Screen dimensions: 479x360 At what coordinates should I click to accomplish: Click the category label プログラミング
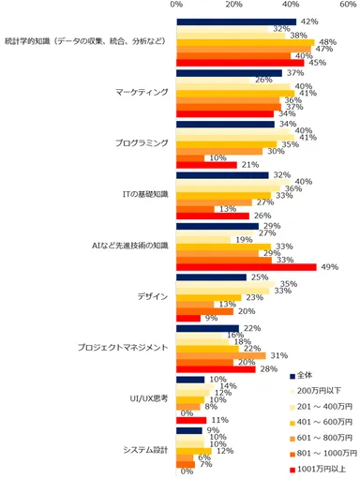[139, 143]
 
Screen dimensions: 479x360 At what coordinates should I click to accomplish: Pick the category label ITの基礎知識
[143, 194]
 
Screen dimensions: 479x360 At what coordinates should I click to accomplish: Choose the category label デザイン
[154, 296]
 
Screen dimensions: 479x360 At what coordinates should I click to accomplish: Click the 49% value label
[329, 266]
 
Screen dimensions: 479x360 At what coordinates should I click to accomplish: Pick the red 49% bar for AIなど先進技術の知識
[247, 267]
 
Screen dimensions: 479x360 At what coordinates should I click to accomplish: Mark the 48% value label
[328, 42]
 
